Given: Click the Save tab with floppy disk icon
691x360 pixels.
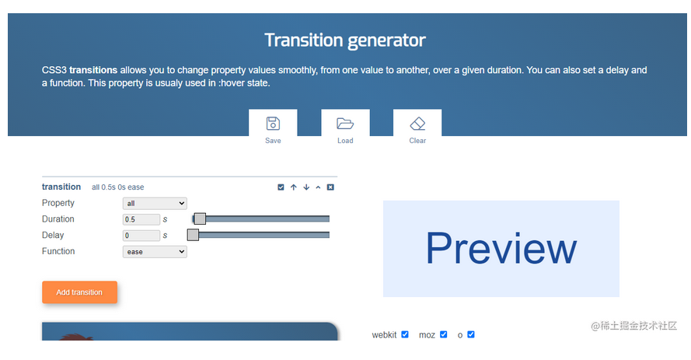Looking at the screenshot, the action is [x=273, y=128].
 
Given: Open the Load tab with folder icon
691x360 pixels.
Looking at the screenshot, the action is [x=345, y=128].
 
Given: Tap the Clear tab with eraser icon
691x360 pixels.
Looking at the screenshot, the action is [x=417, y=128].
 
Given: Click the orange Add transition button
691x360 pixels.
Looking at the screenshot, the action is [x=80, y=292].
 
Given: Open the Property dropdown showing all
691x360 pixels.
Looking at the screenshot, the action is [x=155, y=203].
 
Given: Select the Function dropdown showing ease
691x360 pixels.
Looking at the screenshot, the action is [x=155, y=252].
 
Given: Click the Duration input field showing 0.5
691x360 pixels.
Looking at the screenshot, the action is [x=141, y=219].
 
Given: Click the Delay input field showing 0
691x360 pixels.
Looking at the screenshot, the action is [x=141, y=236].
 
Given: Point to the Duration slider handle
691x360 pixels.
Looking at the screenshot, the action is [x=200, y=218].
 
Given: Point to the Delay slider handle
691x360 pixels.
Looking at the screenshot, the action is [x=193, y=235].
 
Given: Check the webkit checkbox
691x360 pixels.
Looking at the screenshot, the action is [x=405, y=334].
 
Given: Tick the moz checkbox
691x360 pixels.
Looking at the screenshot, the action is [x=444, y=334].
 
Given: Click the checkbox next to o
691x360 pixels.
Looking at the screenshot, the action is [x=471, y=334].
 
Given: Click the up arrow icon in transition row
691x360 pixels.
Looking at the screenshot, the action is [x=294, y=187].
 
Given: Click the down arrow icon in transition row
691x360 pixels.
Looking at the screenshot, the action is [x=306, y=187].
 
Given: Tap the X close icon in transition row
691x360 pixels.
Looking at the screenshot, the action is [x=330, y=187].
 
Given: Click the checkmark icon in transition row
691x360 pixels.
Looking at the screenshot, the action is [x=281, y=187].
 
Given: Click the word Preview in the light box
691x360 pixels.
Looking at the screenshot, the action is [x=501, y=249].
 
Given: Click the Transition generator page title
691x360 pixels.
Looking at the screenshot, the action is [x=345, y=40].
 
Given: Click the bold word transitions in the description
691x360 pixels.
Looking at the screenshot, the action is [x=93, y=70].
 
